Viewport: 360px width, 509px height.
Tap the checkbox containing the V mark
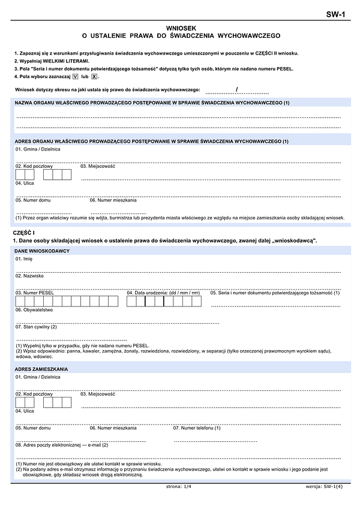75,77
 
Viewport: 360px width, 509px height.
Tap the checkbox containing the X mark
94,77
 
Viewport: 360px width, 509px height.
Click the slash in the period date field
238,90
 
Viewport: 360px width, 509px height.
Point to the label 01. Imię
24,258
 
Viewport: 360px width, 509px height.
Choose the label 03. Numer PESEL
35,293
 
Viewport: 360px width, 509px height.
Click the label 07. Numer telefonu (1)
197,427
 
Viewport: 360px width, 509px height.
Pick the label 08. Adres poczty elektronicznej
62,445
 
